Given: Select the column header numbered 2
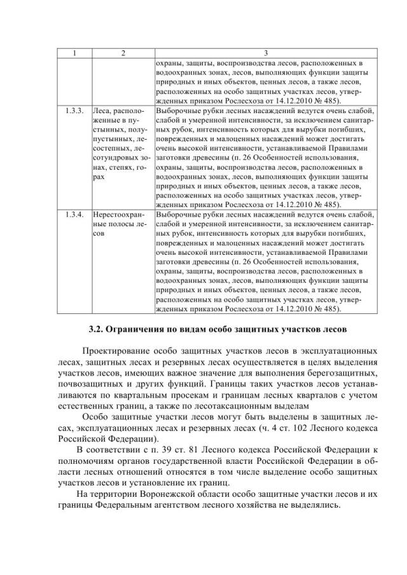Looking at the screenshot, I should (123, 53).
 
